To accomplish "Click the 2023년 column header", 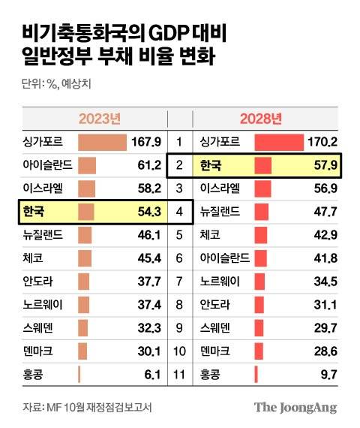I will point(100,119).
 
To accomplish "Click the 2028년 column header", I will point(260,119).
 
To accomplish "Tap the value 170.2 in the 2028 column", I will point(323,142).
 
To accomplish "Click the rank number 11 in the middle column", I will point(179,374).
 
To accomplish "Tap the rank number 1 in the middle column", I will point(179,142).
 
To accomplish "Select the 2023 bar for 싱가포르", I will point(102,142).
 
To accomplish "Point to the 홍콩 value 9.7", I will point(328,374).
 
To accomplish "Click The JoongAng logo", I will point(295,408).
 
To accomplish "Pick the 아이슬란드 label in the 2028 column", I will point(225,258).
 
